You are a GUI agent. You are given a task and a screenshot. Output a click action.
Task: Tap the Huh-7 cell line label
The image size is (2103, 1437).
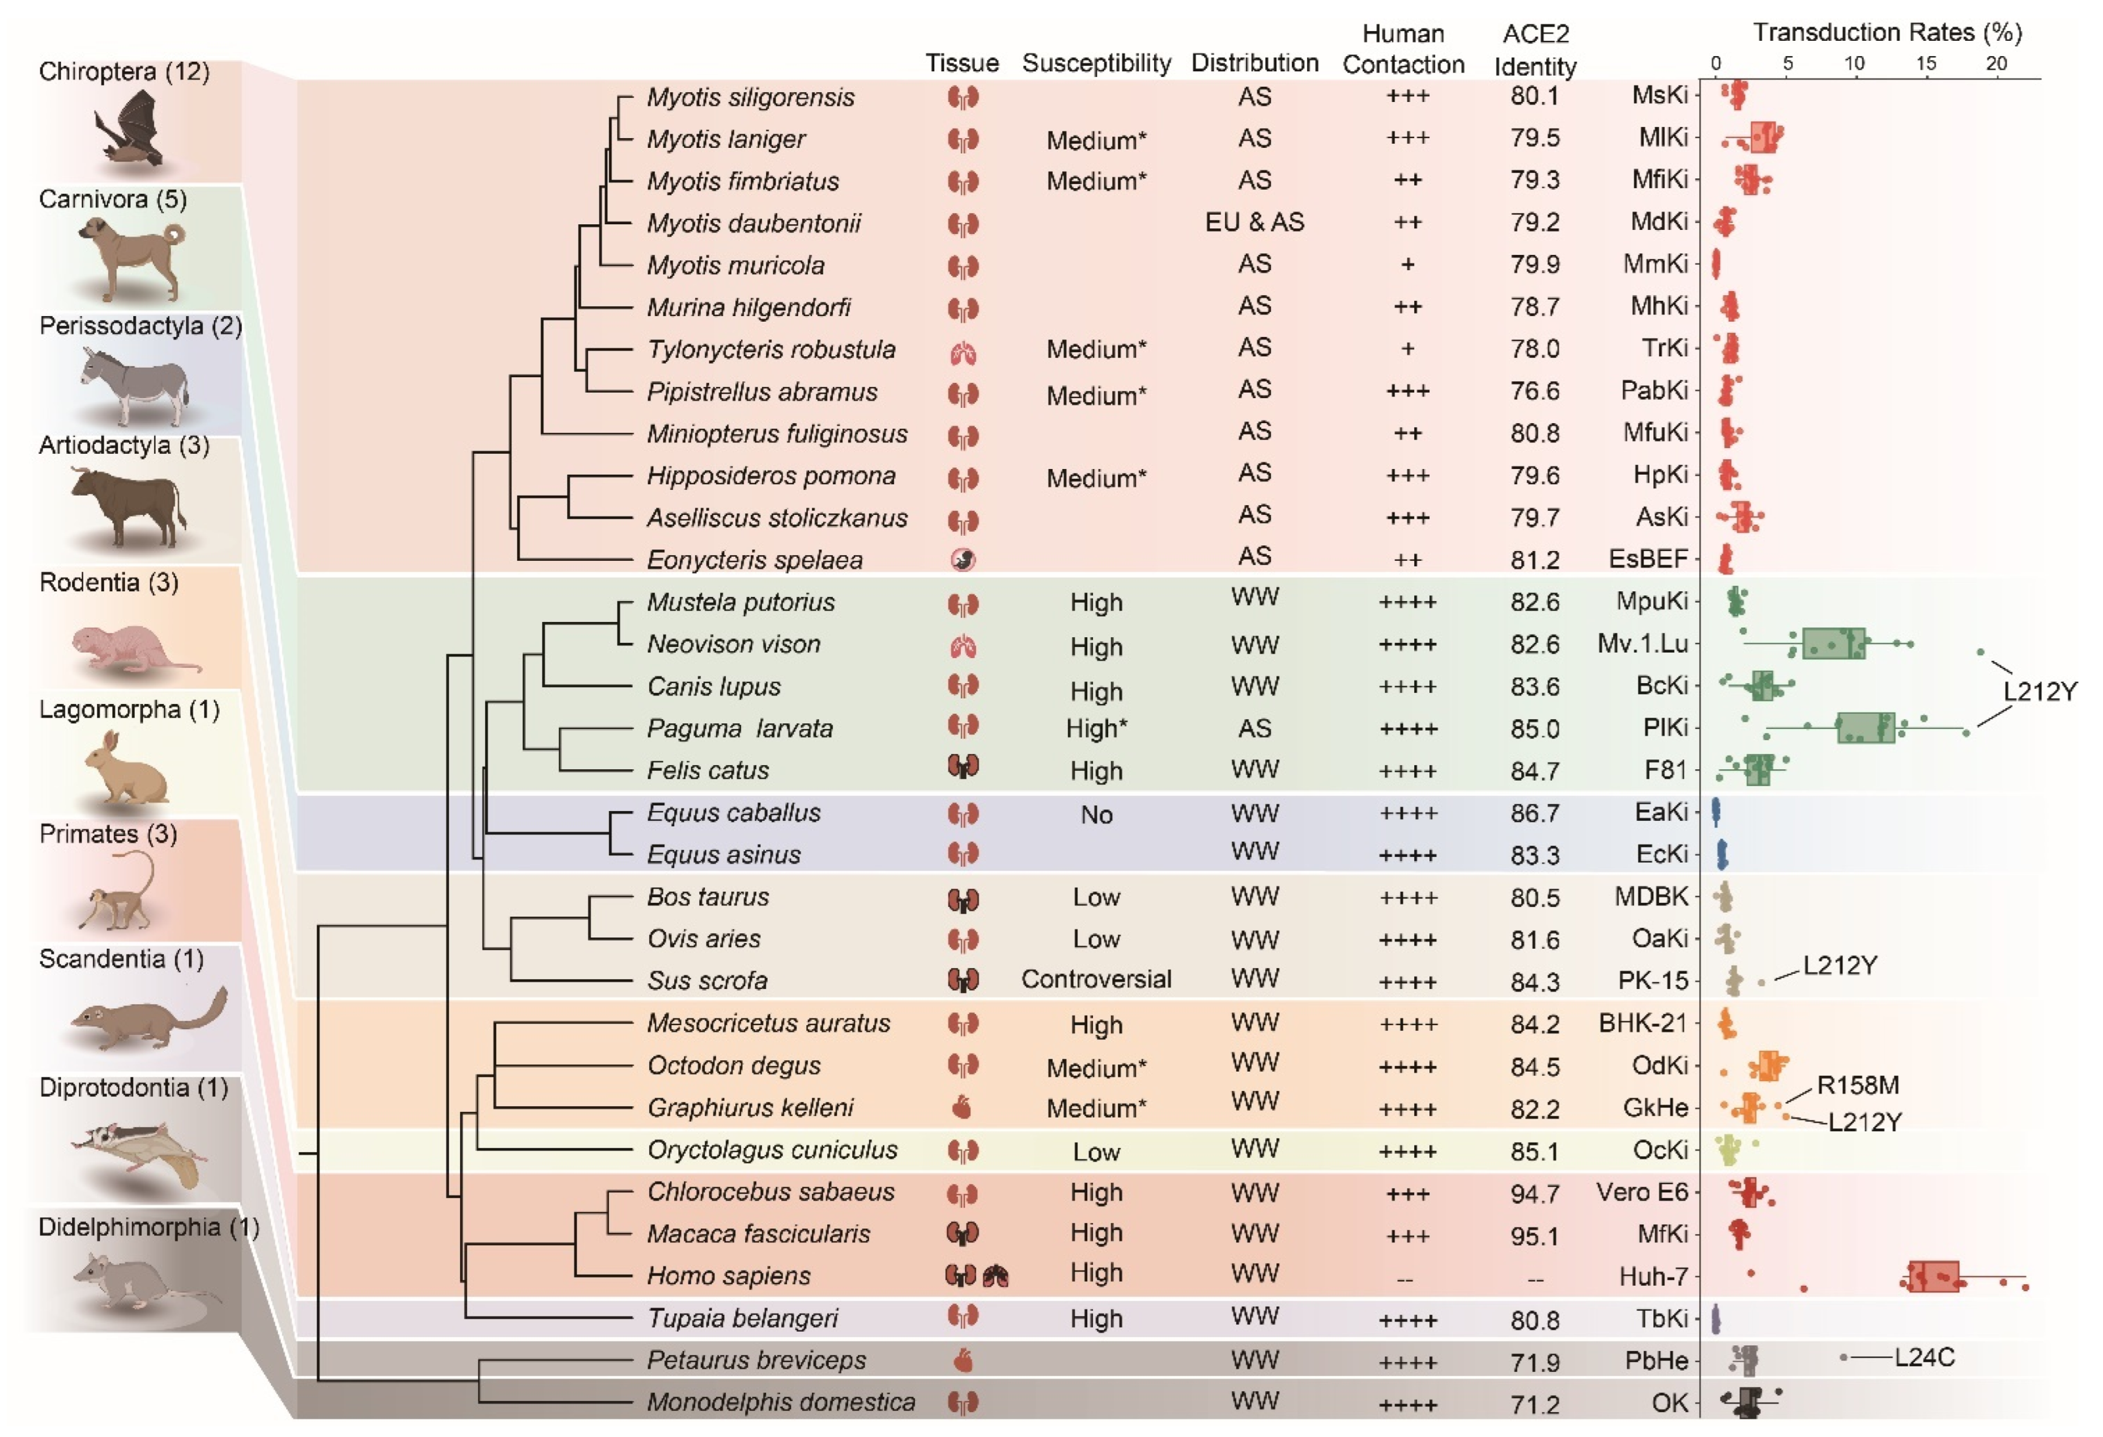click(1653, 1277)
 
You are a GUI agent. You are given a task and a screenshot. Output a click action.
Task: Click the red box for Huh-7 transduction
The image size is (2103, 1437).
click(1933, 1276)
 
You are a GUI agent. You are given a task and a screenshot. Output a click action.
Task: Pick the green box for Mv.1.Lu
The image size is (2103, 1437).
click(1833, 643)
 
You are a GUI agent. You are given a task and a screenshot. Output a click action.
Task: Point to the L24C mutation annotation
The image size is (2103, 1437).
click(1924, 1357)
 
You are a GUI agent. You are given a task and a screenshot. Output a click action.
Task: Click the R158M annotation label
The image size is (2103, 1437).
click(1857, 1085)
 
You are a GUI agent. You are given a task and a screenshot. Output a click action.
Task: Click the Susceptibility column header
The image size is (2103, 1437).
click(1096, 63)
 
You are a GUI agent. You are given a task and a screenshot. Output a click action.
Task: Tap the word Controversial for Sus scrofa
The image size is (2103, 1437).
click(1096, 979)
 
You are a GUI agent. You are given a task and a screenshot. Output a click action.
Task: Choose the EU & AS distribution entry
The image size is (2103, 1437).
click(1254, 223)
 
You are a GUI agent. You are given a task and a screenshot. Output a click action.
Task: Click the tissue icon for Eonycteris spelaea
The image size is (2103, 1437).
click(963, 560)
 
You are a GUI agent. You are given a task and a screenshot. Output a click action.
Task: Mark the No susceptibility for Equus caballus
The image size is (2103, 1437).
click(1096, 815)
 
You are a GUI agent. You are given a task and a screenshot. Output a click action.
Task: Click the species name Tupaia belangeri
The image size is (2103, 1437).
click(742, 1319)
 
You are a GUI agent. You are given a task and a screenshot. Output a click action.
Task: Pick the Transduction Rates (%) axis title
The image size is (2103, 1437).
click(1887, 33)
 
